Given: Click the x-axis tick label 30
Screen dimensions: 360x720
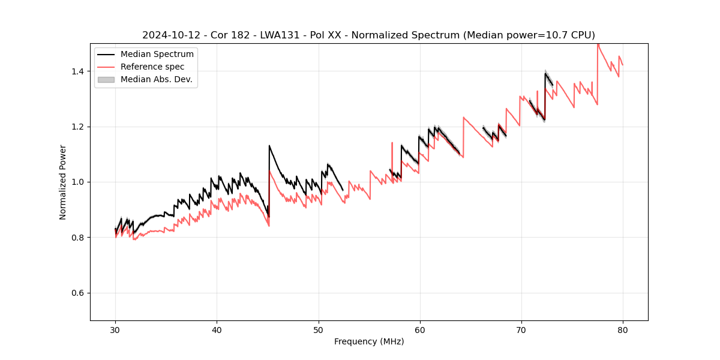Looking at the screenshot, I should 115,329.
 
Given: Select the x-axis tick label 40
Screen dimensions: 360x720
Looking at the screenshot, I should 217,329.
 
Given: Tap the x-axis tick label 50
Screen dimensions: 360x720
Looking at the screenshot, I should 318,329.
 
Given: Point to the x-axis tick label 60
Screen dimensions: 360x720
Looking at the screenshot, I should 419,329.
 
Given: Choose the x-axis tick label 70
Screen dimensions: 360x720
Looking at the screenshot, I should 521,329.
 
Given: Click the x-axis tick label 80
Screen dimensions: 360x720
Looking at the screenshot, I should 622,329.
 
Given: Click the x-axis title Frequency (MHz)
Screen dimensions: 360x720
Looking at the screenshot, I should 369,341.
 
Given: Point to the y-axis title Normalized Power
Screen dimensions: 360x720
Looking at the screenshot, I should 63,182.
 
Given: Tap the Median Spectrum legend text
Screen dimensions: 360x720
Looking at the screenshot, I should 157,55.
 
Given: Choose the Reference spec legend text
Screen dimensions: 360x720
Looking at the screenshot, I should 152,67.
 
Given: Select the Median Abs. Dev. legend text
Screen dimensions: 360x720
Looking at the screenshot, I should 157,79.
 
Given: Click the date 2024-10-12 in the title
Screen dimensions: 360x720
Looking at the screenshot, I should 166,35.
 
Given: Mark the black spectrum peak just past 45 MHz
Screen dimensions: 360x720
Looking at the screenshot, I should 269,146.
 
